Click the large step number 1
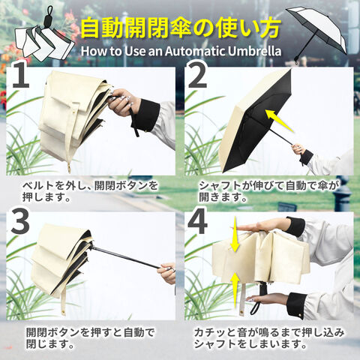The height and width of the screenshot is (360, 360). tap(21, 75)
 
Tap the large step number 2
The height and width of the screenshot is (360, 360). tap(197, 74)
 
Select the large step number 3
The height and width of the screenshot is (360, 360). tap(20, 220)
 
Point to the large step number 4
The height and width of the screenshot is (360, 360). tap(197, 221)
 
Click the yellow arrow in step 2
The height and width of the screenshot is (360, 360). tap(279, 121)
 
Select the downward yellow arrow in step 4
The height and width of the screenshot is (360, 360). tap(235, 234)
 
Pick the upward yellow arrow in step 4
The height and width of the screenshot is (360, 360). tap(235, 290)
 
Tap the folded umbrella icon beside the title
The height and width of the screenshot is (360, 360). tap(44, 37)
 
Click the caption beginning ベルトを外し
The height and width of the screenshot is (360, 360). tap(90, 191)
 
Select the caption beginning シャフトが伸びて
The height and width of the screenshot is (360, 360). tap(269, 191)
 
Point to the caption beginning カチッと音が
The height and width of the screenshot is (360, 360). tap(269, 338)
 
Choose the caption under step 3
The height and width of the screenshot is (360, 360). tap(91, 338)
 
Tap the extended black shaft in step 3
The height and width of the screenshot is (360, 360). tap(126, 257)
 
